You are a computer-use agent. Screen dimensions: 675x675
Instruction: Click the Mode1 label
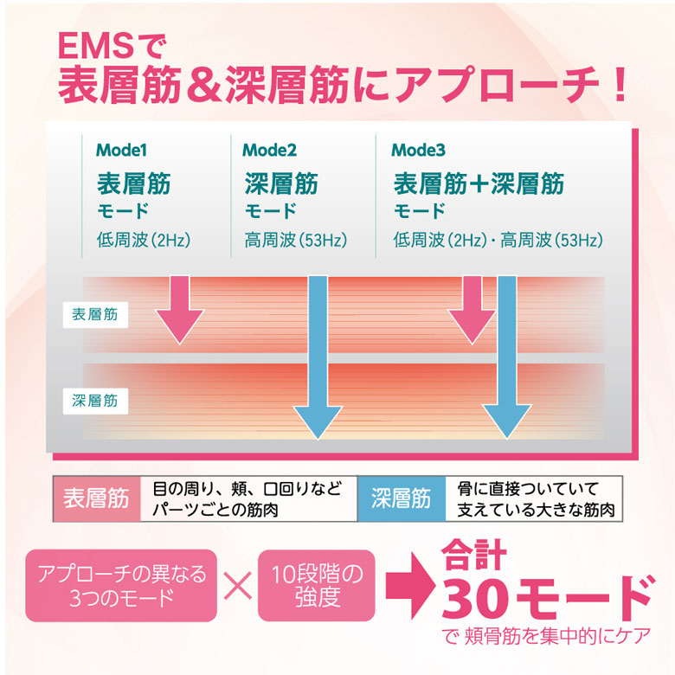(121, 149)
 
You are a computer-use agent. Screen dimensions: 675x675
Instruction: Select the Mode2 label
(269, 149)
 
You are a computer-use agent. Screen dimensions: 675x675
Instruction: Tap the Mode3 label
(418, 149)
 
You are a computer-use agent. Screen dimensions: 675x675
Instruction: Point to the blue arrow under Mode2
(318, 355)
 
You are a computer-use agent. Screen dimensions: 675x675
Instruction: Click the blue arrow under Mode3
(506, 355)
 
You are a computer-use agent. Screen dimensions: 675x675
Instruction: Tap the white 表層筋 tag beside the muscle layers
(95, 314)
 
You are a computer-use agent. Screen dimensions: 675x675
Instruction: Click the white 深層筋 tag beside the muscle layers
(95, 400)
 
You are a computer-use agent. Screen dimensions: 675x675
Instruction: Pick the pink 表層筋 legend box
(97, 499)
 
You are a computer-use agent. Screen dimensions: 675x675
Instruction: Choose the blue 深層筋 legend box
(401, 499)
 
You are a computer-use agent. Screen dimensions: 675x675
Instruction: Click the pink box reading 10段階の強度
(316, 585)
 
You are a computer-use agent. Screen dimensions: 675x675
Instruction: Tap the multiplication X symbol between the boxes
(236, 586)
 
